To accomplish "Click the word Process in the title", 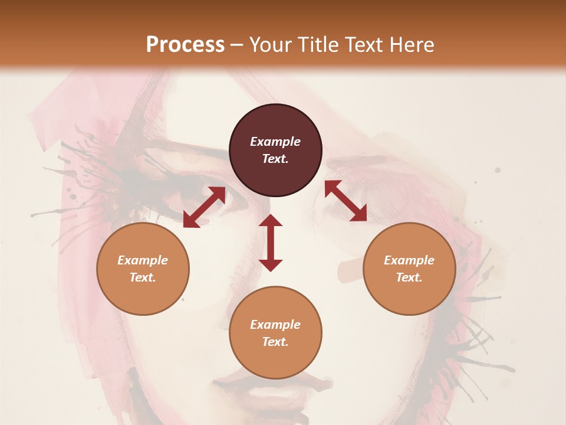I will [185, 45].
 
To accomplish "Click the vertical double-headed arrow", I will [271, 243].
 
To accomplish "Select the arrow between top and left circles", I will [204, 207].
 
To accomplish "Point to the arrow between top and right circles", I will [345, 201].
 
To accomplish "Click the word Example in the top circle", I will [275, 142].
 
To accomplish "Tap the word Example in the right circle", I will [409, 260].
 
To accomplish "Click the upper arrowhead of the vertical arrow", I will [271, 221].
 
